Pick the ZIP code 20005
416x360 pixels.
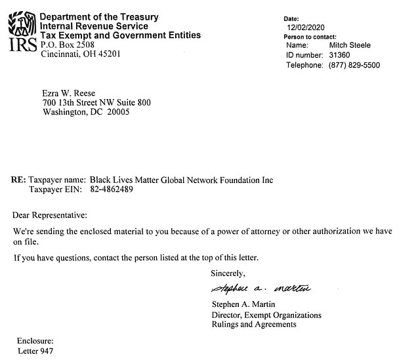click(x=117, y=112)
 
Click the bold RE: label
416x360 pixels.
click(x=19, y=180)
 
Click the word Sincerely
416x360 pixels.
click(x=228, y=273)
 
